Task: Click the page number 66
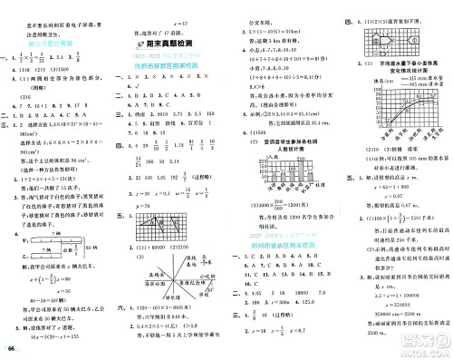click(x=11, y=350)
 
